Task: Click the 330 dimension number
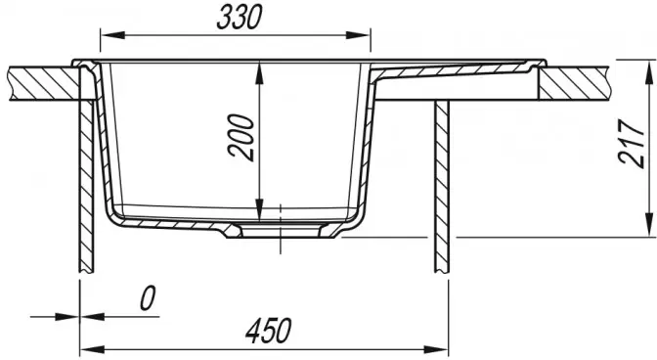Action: [x=240, y=18]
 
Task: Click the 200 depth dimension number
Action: [x=241, y=138]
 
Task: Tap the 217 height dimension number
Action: [x=632, y=144]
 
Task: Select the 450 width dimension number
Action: [x=268, y=331]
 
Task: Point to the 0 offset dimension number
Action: [x=147, y=298]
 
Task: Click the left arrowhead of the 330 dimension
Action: [x=112, y=35]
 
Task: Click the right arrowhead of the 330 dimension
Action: [x=358, y=35]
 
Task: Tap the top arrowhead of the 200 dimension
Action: [x=260, y=73]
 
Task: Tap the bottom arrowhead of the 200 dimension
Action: [x=260, y=208]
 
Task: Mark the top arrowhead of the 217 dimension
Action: [x=649, y=71]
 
